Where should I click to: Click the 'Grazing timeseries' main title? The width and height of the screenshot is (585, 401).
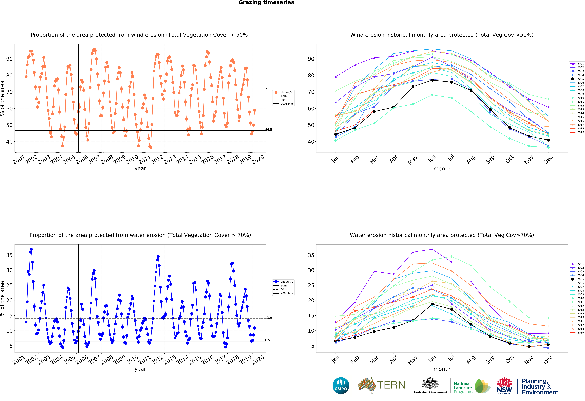tap(266, 3)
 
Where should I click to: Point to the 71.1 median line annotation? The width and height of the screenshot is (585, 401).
tap(269, 89)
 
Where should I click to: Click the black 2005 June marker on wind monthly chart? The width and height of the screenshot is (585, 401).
tap(432, 80)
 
